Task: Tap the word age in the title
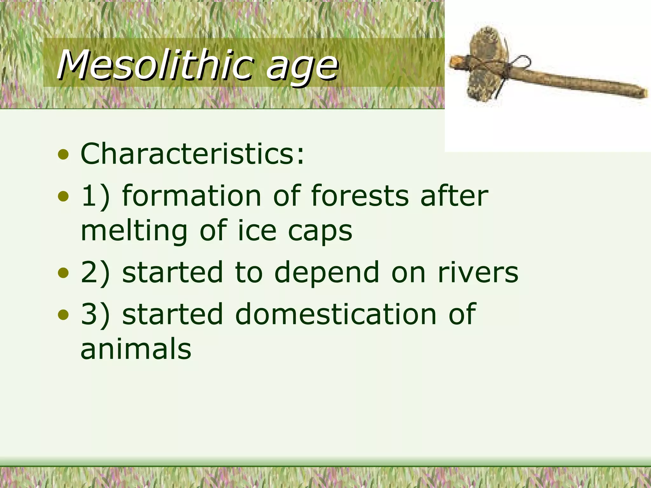302,67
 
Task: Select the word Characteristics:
192,154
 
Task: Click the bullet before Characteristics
63,155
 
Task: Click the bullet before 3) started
63,315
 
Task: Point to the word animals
136,349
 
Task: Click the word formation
192,196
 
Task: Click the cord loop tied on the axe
521,62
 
